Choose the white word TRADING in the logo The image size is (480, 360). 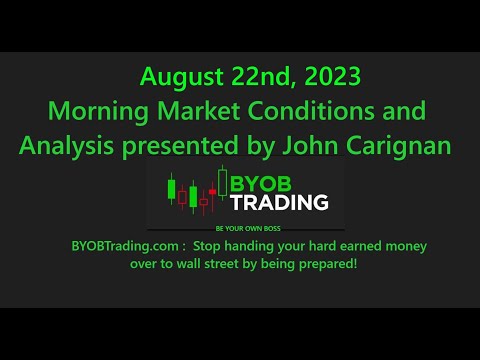click(281, 203)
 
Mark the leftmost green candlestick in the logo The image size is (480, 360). click(172, 189)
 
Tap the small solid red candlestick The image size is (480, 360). click(204, 201)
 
